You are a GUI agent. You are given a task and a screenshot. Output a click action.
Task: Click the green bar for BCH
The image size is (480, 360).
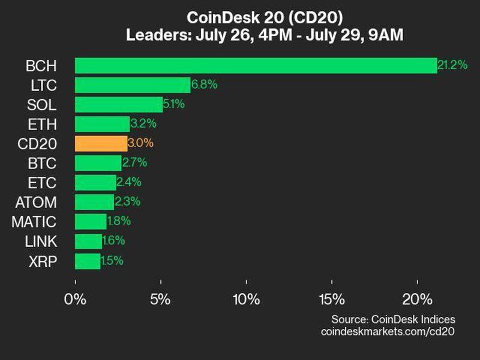point(256,65)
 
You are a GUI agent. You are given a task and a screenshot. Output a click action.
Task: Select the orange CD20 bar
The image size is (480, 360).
point(101,143)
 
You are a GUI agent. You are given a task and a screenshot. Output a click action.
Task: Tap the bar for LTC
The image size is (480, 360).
point(132,85)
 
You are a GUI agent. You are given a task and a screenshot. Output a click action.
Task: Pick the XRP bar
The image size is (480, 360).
point(88,261)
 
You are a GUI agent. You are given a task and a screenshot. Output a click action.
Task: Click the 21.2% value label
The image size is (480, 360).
point(452,65)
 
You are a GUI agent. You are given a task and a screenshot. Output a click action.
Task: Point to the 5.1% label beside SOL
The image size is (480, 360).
point(174,104)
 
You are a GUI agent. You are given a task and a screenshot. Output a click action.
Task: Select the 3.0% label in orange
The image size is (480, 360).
point(140,143)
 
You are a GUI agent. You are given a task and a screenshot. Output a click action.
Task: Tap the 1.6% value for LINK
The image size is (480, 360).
point(113,241)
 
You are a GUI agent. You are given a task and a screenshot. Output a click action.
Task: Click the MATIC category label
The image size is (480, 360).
point(34,222)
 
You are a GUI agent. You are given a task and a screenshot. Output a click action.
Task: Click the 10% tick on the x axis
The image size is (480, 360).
point(246,299)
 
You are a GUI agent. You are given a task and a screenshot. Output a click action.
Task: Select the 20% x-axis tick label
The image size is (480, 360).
point(418,299)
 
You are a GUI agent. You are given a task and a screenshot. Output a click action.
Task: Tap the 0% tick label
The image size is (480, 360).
point(76,299)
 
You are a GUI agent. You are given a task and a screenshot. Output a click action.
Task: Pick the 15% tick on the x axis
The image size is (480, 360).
point(332,299)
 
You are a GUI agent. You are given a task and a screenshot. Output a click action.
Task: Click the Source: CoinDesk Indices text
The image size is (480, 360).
point(393,319)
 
